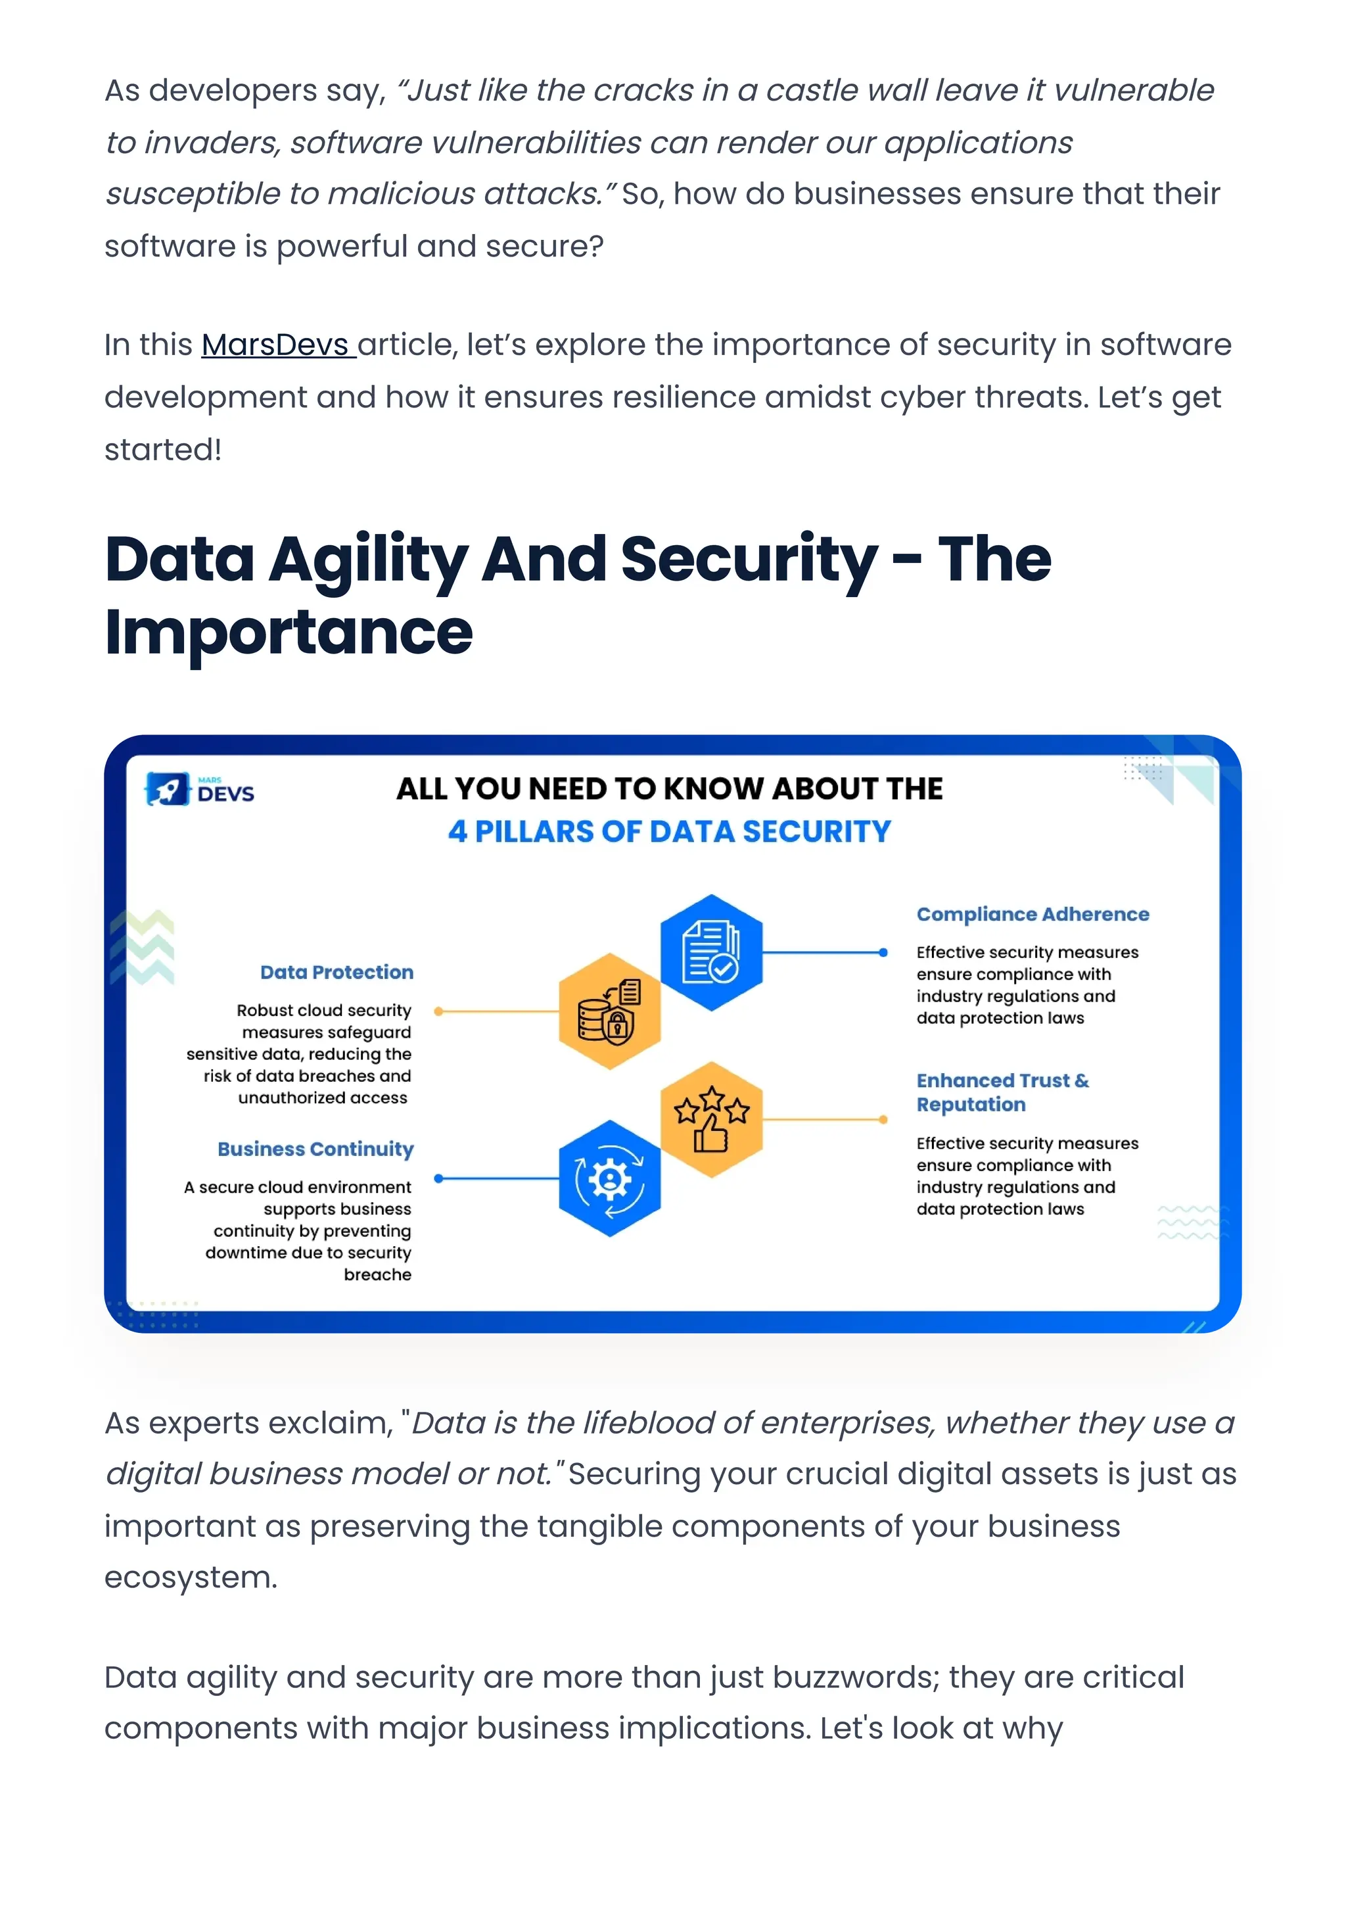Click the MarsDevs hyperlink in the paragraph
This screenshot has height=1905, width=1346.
coord(278,345)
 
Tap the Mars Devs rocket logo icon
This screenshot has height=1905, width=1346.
coord(167,788)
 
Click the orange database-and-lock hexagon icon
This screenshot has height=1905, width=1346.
coord(609,1011)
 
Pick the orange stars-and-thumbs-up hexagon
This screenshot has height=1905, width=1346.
coord(710,1119)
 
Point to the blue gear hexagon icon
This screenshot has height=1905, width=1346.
coord(609,1178)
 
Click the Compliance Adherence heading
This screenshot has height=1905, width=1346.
coord(1033,914)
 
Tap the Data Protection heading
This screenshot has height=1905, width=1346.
coord(336,973)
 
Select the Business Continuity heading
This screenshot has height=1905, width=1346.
coord(315,1149)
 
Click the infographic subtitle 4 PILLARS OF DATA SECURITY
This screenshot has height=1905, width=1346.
coord(669,831)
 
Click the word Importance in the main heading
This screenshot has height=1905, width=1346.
coord(289,632)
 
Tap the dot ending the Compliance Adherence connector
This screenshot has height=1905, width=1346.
coord(883,952)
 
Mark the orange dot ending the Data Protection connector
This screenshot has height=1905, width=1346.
coord(438,1011)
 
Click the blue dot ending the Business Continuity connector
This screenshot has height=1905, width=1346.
coord(438,1178)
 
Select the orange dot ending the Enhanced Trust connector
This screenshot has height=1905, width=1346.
coord(883,1119)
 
